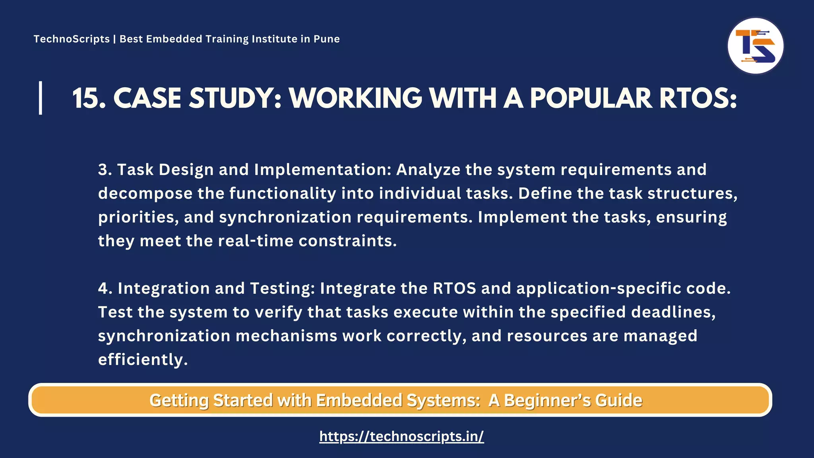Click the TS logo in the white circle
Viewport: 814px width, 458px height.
[755, 46]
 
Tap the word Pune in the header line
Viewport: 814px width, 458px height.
[326, 39]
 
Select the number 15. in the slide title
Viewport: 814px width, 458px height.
[89, 98]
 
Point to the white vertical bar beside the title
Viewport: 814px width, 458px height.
[41, 98]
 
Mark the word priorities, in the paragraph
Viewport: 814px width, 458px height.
[138, 217]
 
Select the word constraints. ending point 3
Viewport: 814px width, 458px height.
[348, 241]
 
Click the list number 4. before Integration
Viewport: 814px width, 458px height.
[105, 288]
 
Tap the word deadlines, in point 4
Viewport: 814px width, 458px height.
[673, 312]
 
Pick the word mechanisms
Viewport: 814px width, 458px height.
[286, 336]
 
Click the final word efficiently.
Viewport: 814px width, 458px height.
[143, 360]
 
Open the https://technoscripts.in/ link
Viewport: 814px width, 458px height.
[401, 437]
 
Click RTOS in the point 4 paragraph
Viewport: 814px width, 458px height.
[454, 288]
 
